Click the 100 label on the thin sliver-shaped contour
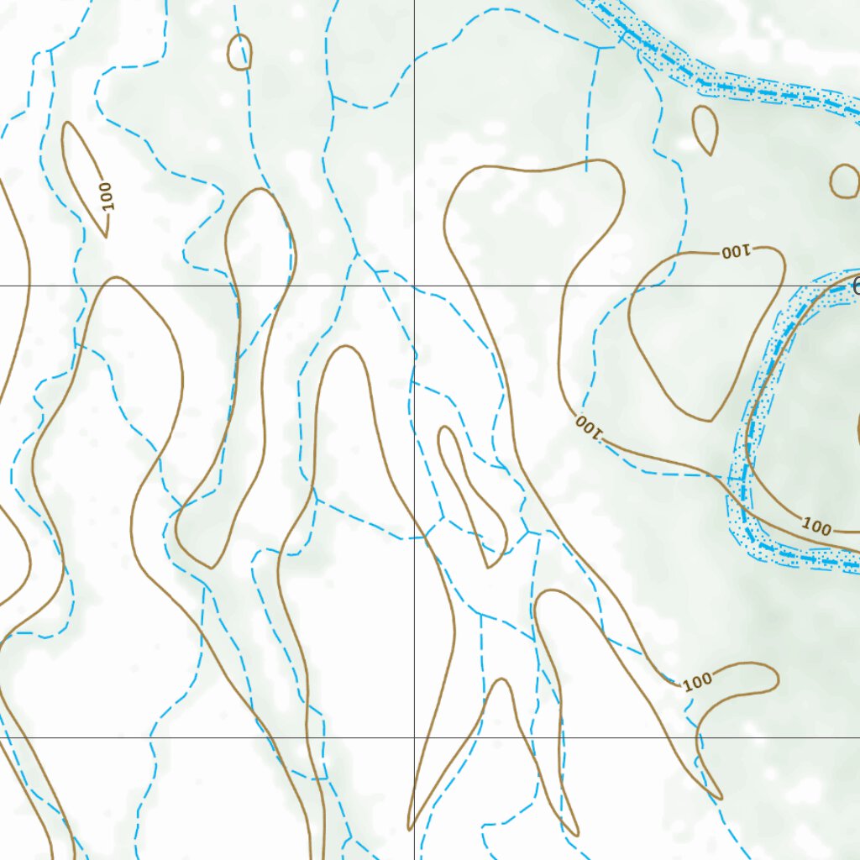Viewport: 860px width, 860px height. click(x=105, y=195)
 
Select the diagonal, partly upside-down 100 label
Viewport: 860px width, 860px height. click(x=590, y=427)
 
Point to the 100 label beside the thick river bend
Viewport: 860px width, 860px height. click(x=816, y=527)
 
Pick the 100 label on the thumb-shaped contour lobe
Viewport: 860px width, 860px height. click(x=697, y=682)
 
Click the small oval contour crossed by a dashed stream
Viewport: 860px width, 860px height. click(x=240, y=52)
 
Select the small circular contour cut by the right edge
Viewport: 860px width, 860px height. click(x=845, y=181)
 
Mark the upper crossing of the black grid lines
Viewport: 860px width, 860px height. click(x=414, y=286)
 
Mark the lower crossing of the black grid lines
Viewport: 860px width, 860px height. click(x=414, y=737)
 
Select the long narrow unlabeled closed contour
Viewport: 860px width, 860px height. click(x=470, y=496)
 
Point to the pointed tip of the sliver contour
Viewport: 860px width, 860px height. click(x=106, y=237)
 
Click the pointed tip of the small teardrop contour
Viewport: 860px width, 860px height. click(x=713, y=155)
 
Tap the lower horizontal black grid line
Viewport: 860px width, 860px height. click(x=210, y=737)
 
